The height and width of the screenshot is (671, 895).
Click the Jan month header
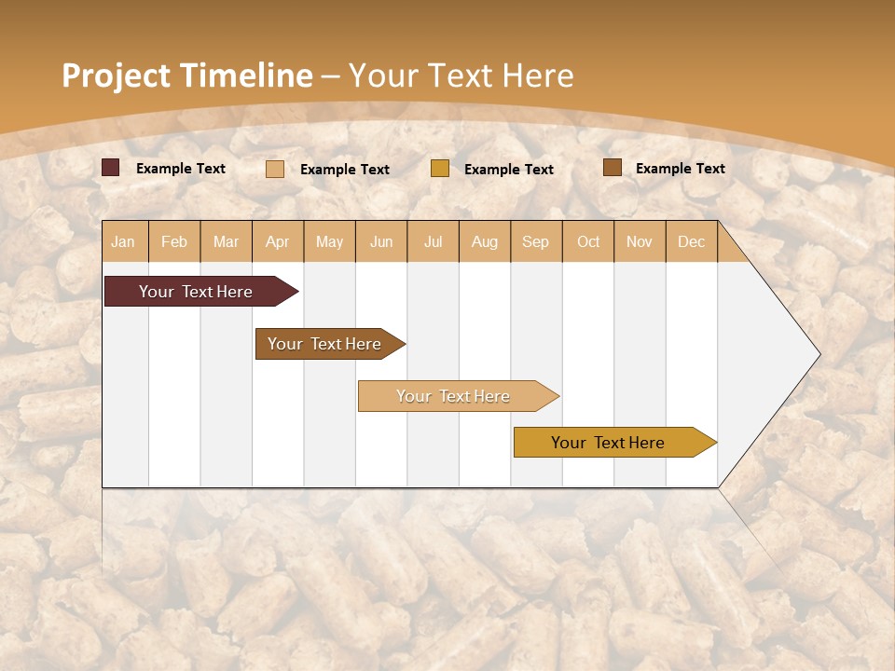point(123,241)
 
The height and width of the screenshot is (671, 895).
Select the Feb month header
point(174,241)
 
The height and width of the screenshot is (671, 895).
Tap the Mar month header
point(226,241)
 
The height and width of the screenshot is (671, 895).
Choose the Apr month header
point(278,241)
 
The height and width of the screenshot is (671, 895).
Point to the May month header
point(329,241)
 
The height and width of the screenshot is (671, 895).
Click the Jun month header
point(381,241)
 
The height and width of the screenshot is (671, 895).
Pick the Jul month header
point(433,241)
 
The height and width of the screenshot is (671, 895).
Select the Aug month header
point(485,241)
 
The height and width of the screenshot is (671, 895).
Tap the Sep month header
point(536,241)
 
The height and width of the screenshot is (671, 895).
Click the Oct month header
point(588,241)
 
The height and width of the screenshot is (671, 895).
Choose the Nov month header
point(640,241)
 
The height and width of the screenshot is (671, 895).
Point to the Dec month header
point(692,241)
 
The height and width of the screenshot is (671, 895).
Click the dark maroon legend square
point(111,168)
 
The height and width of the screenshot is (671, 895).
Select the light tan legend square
point(275,169)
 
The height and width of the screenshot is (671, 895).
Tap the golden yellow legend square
point(440,169)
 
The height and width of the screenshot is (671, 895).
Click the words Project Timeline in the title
point(187,75)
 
